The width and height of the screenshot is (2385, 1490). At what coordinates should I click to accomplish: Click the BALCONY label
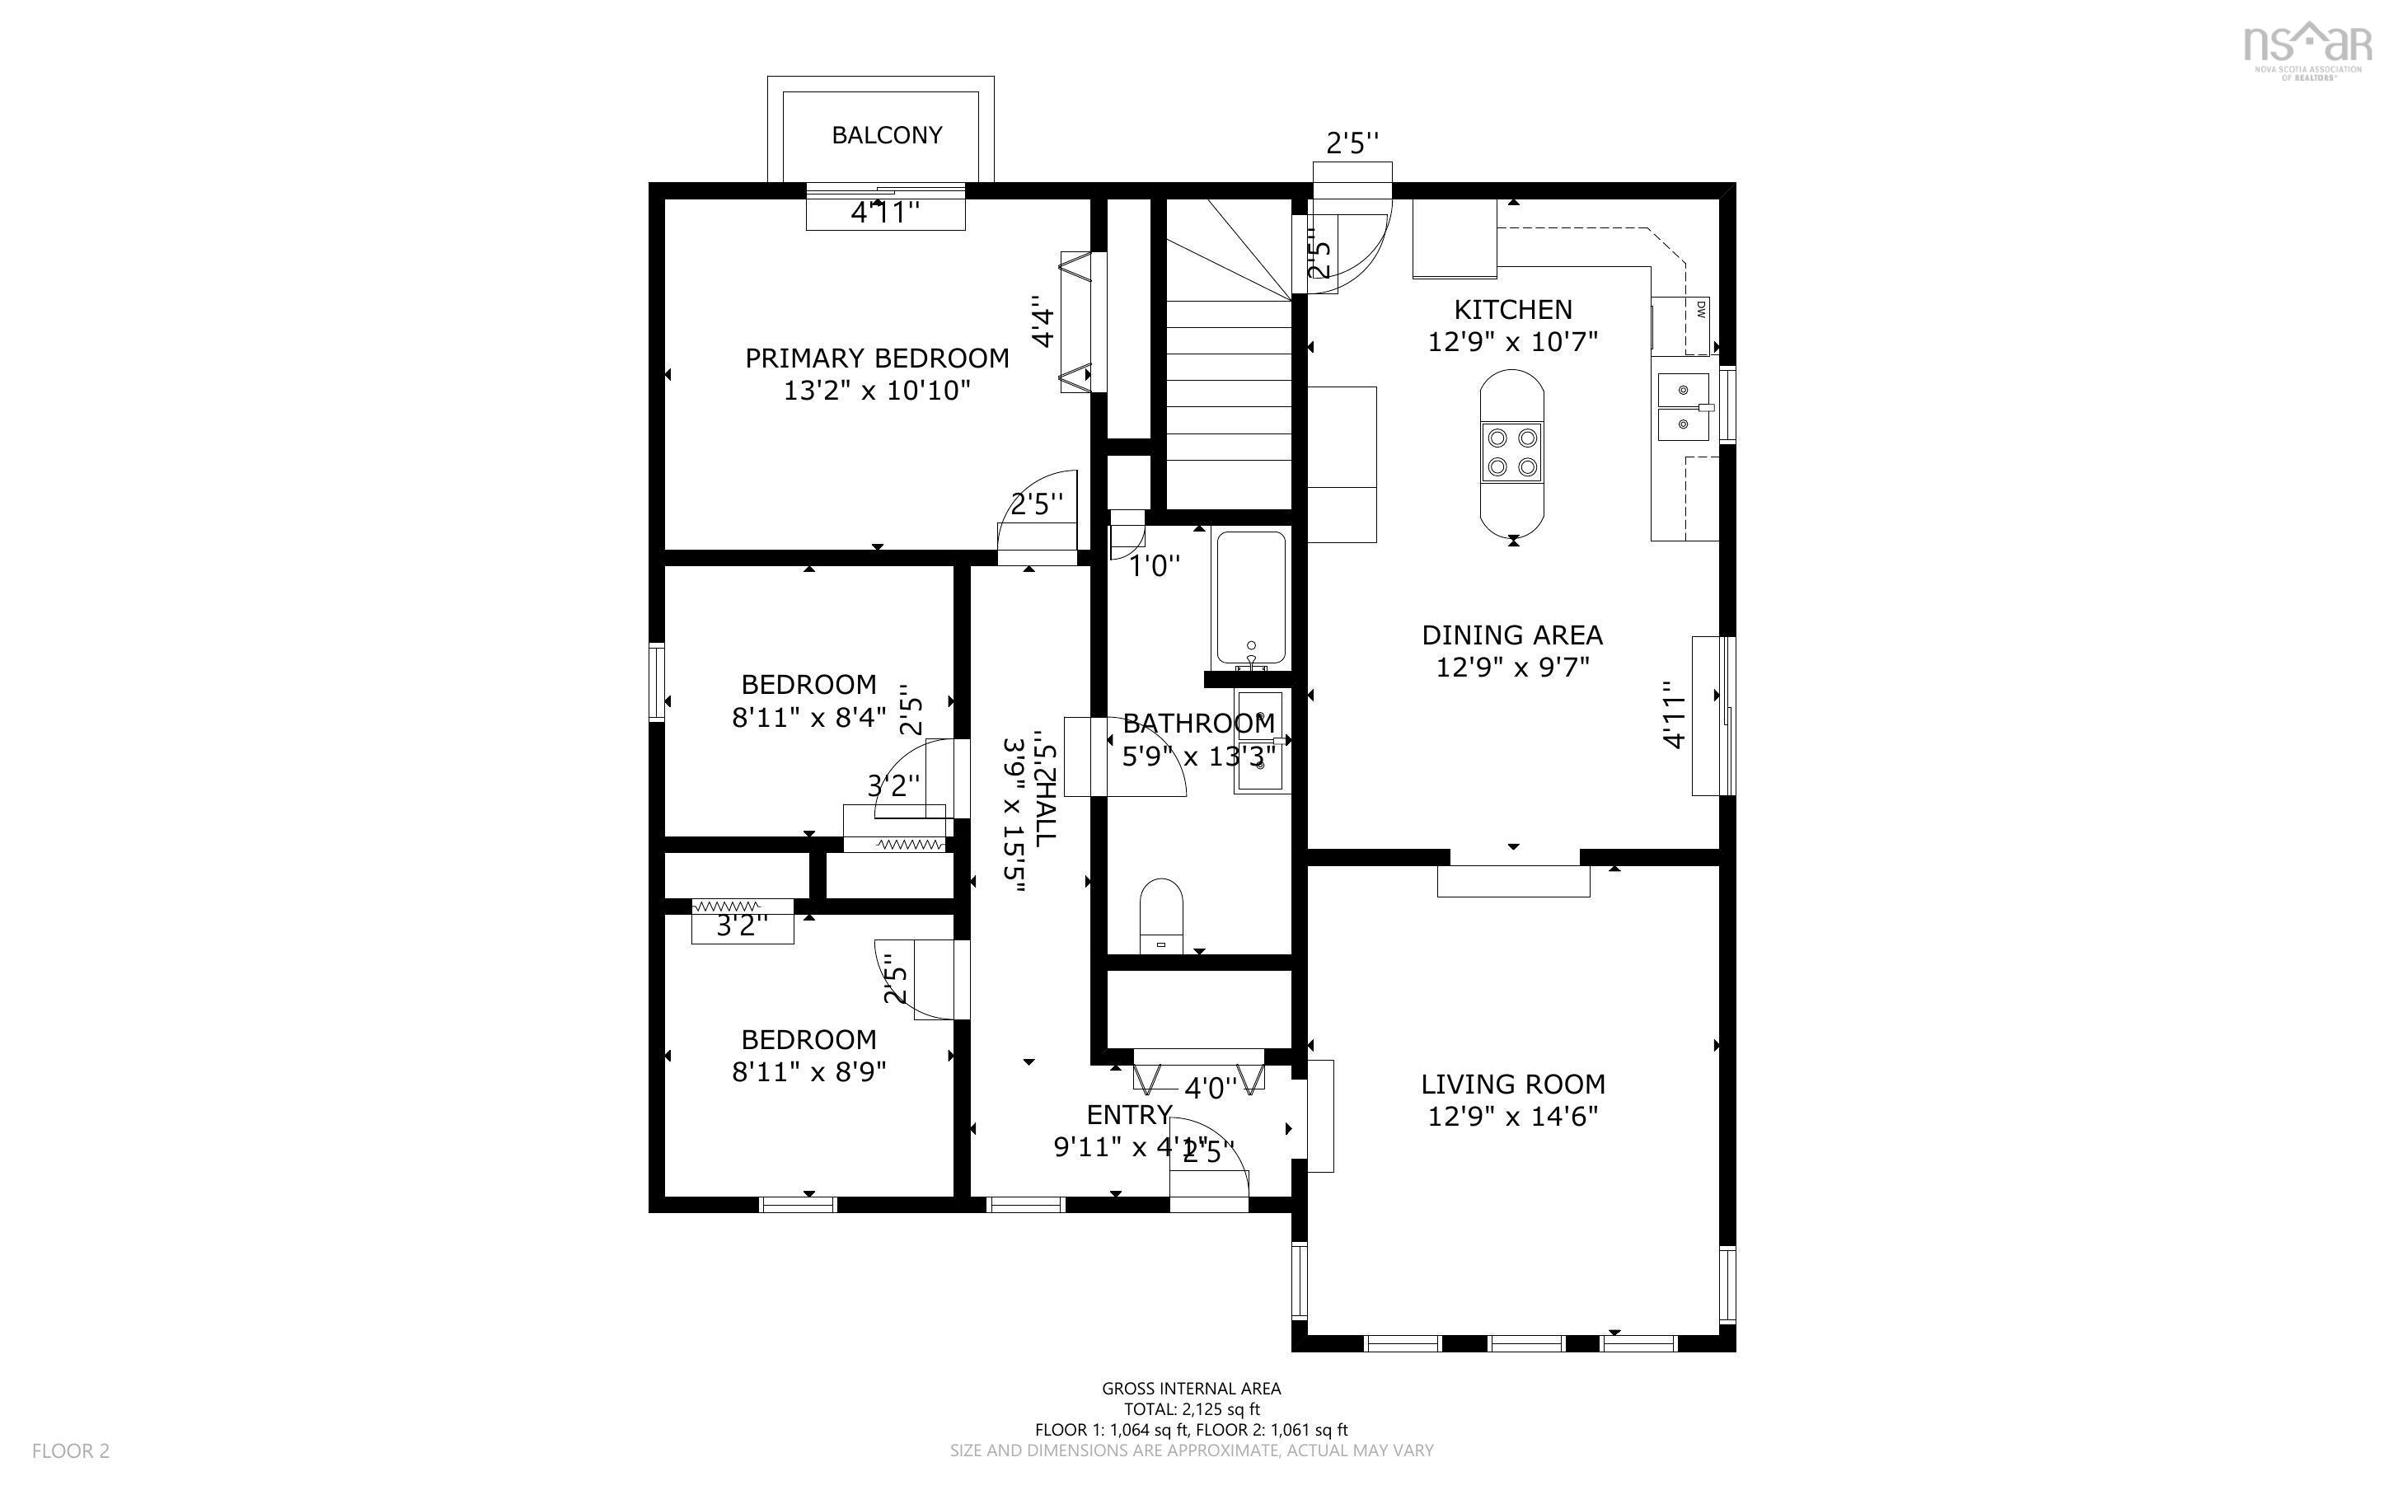(x=887, y=135)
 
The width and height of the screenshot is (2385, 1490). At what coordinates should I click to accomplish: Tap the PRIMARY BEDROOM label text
(x=877, y=358)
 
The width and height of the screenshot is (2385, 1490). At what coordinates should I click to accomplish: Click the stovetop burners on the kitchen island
(x=1512, y=452)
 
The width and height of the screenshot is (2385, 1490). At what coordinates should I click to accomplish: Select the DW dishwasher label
(x=1701, y=309)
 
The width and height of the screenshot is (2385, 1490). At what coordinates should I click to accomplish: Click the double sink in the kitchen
(x=1684, y=407)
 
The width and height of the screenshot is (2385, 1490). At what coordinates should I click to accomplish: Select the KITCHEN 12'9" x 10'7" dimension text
(x=1512, y=342)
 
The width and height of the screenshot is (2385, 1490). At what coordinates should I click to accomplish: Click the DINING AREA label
(x=1512, y=635)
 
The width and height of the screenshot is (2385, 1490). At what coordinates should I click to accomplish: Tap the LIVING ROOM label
(x=1512, y=1084)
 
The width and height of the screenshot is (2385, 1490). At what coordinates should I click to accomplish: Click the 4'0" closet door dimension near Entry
(x=1210, y=1088)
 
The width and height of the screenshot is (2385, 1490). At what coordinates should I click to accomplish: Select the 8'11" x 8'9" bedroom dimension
(x=808, y=1071)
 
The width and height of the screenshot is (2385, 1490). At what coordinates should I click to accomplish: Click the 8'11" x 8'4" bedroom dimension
(x=808, y=716)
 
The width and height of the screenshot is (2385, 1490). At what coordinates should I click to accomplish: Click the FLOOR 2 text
(x=71, y=1450)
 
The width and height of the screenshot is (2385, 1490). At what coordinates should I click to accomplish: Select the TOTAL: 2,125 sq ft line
(x=1191, y=1409)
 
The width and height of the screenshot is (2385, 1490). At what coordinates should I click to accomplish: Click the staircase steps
(x=1229, y=394)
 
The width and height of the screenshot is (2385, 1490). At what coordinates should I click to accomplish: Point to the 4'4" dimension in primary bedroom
(x=1043, y=322)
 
